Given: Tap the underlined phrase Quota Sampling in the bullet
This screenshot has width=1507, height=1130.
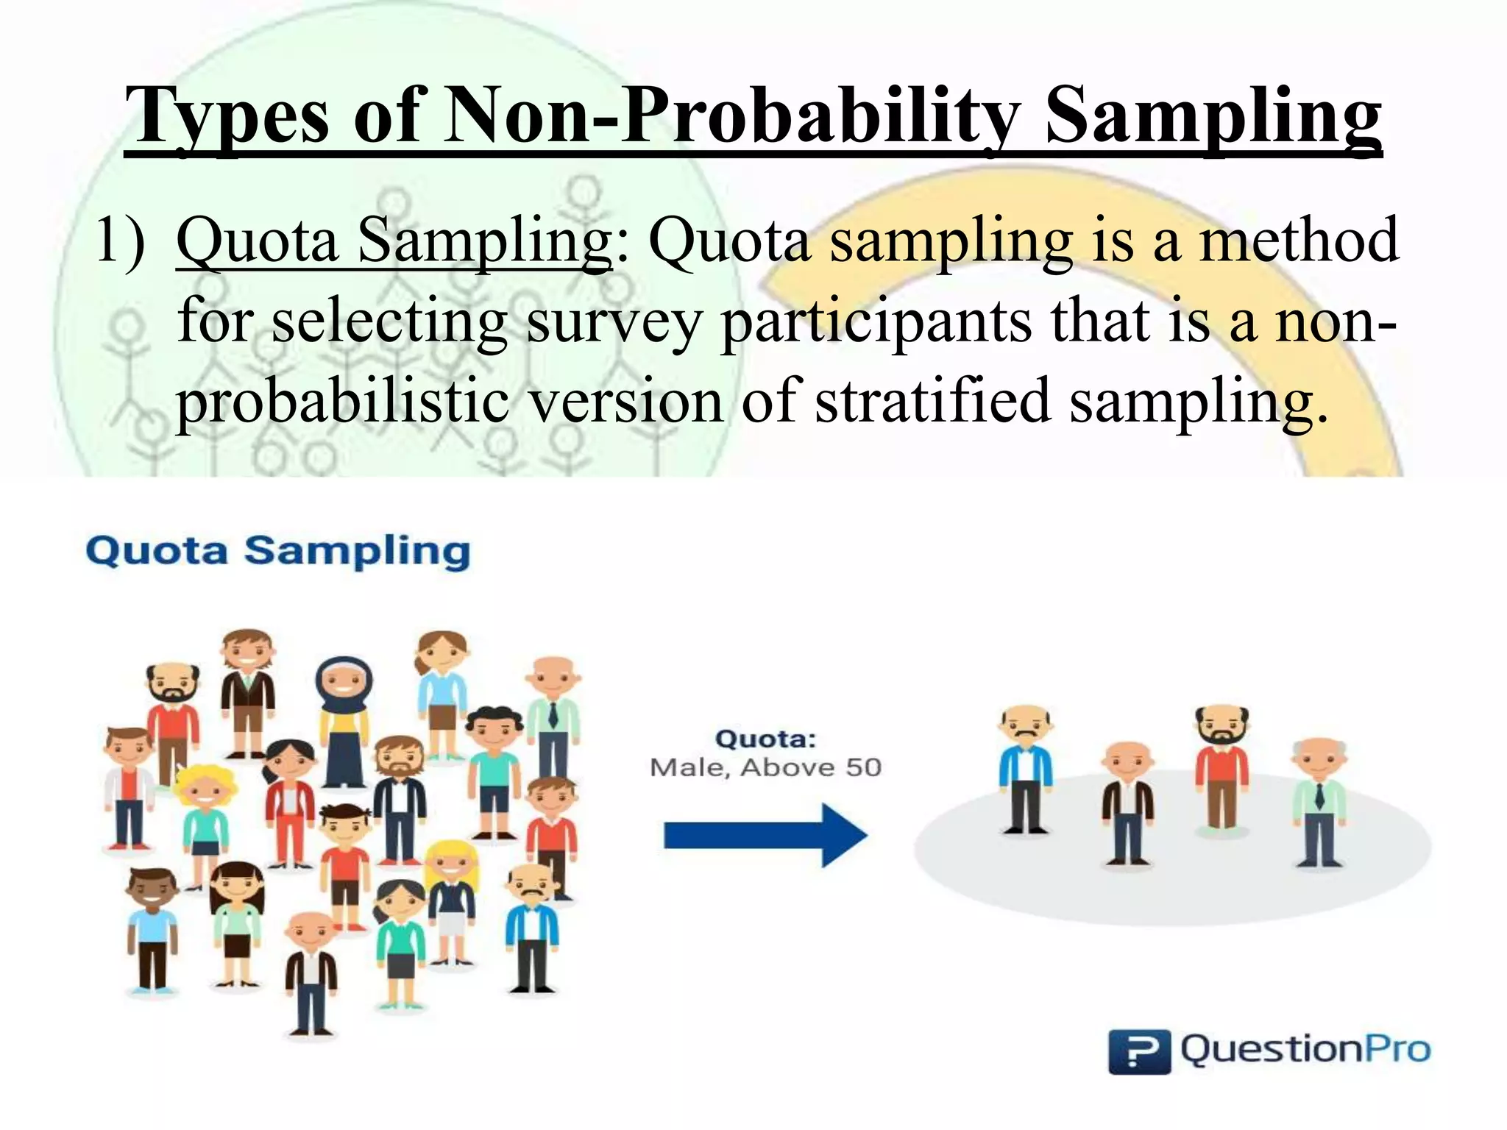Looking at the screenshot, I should pos(394,241).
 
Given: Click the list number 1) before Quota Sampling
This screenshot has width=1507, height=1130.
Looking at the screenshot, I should pos(121,241).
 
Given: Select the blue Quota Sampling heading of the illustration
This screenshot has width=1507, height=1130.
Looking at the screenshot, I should pos(277,551).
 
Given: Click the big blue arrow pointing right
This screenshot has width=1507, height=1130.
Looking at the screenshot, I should pos(765,836).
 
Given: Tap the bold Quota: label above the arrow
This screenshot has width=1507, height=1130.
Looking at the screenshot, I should pos(765,739).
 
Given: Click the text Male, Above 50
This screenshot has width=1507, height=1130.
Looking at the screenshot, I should pos(765,767).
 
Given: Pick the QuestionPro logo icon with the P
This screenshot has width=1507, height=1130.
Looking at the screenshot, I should pos(1138,1051).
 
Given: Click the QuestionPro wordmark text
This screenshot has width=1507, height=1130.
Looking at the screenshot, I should pos(1305,1049).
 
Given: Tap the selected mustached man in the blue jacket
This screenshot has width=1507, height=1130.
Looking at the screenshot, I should pos(1026,769).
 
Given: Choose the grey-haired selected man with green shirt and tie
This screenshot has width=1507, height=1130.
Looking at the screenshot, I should pos(1319,802).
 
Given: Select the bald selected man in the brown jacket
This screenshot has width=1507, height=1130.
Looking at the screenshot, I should pos(1127,802).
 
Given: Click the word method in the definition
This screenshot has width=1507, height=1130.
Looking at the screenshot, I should pos(1299,241).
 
